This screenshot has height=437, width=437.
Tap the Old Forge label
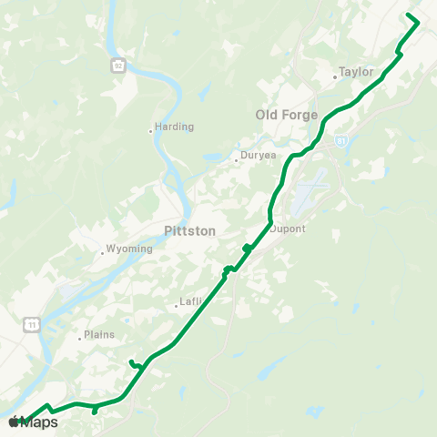(x=287, y=115)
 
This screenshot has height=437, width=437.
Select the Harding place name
(x=174, y=128)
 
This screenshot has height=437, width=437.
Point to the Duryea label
(x=258, y=156)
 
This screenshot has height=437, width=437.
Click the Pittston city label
(x=190, y=231)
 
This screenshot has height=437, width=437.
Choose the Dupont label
(x=288, y=229)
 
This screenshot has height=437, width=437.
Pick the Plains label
(x=100, y=334)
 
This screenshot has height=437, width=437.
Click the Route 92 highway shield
(x=118, y=66)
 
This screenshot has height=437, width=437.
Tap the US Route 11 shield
(x=33, y=323)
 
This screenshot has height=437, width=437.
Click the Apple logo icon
(x=15, y=422)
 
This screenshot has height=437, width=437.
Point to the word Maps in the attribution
(x=40, y=422)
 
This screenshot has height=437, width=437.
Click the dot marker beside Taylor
(x=335, y=77)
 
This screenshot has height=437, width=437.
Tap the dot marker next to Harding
(x=151, y=131)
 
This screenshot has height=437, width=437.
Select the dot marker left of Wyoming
(x=102, y=253)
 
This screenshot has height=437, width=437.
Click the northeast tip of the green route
(x=418, y=20)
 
